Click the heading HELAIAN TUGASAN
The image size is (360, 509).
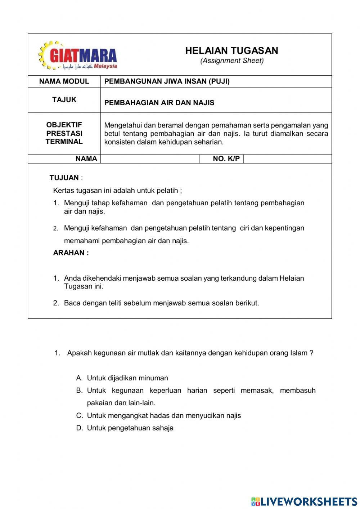(231, 51)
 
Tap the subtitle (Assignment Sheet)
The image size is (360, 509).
(232, 61)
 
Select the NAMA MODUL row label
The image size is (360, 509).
(64, 81)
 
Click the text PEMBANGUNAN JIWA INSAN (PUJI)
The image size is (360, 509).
(167, 81)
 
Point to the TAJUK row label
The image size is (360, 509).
(64, 100)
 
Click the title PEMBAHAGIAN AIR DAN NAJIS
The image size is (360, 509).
(159, 103)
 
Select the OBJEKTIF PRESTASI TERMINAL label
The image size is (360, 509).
(64, 133)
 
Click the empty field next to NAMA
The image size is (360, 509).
(150, 159)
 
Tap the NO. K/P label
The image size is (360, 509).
(226, 159)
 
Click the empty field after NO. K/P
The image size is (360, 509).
(287, 159)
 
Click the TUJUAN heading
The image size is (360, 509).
(64, 178)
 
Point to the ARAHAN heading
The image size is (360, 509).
(71, 253)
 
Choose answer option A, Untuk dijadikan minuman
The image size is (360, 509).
(127, 378)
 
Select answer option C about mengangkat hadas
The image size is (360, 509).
(164, 415)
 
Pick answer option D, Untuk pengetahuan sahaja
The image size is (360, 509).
(130, 428)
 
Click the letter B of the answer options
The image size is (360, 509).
(79, 390)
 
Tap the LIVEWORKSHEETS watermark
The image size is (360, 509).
(304, 501)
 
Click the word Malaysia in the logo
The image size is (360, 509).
(105, 66)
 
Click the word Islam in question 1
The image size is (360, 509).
(298, 353)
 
